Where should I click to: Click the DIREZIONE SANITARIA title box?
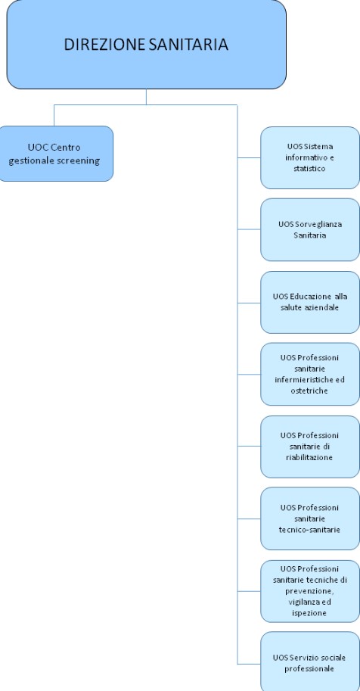pyautogui.click(x=146, y=44)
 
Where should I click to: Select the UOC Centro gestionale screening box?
pyautogui.click(x=54, y=154)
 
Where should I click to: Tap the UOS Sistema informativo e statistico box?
pyautogui.click(x=310, y=157)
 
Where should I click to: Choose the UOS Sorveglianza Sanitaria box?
pyautogui.click(x=310, y=229)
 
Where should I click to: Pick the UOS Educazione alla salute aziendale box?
pyautogui.click(x=310, y=302)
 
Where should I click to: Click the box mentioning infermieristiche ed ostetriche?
pyautogui.click(x=310, y=374)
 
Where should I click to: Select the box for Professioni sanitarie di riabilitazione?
pyautogui.click(x=310, y=447)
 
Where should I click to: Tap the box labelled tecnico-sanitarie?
pyautogui.click(x=310, y=518)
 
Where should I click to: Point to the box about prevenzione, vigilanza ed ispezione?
pyautogui.click(x=310, y=591)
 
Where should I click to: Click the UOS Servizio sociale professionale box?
pyautogui.click(x=310, y=662)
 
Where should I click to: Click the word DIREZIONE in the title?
pyautogui.click(x=105, y=45)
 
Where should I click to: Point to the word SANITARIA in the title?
pyautogui.click(x=188, y=45)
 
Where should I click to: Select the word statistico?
pyautogui.click(x=310, y=169)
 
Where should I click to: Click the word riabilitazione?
pyautogui.click(x=309, y=457)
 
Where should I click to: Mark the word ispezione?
pyautogui.click(x=309, y=613)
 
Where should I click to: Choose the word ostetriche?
pyautogui.click(x=309, y=391)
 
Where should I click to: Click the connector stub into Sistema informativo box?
pyautogui.click(x=249, y=157)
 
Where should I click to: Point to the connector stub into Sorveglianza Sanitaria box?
pyautogui.click(x=249, y=229)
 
